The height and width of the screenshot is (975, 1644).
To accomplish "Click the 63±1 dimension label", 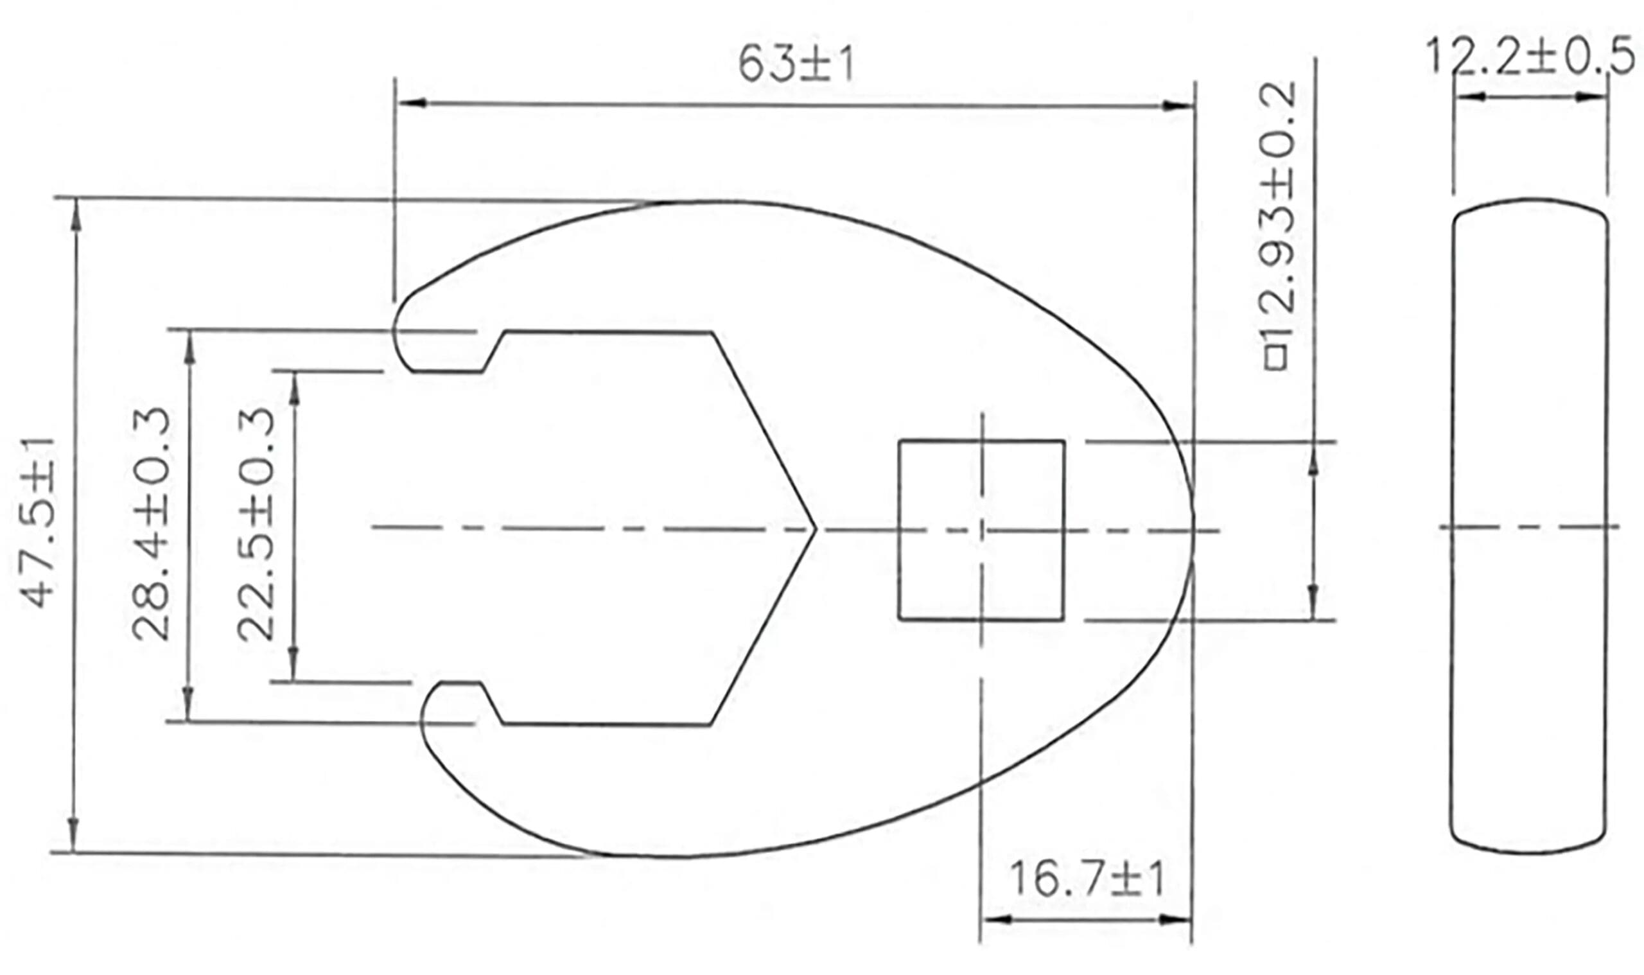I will click(x=796, y=64).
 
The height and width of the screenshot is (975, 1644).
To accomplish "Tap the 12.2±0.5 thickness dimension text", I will click(x=1529, y=57).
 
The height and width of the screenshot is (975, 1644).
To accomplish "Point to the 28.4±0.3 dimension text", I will click(x=151, y=523).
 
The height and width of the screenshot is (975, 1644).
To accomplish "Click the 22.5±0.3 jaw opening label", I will click(x=256, y=523).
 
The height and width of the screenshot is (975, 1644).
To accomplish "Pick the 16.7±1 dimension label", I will click(x=1087, y=881).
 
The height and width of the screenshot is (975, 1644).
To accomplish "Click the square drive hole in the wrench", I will click(x=981, y=529).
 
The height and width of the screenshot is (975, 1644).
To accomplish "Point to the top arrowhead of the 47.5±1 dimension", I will click(x=76, y=214).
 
